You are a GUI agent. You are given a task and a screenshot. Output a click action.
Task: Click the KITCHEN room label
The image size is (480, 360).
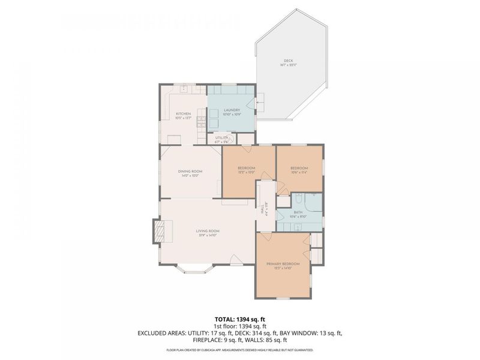pos(183,114)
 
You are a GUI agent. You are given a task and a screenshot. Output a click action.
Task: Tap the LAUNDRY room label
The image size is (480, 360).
pos(232,110)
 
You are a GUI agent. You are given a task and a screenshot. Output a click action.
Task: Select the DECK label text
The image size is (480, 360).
pos(289,61)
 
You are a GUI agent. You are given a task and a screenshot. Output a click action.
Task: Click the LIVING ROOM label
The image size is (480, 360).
pos(208,231)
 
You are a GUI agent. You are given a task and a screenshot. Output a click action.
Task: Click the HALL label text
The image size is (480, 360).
pos(262,211)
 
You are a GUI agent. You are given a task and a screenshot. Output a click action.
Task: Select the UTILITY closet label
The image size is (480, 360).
pos(221,138)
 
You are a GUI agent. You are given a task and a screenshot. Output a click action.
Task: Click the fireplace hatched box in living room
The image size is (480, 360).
pos(160,232)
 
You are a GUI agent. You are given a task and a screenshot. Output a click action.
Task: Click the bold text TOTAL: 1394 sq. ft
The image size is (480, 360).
pos(240,319)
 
